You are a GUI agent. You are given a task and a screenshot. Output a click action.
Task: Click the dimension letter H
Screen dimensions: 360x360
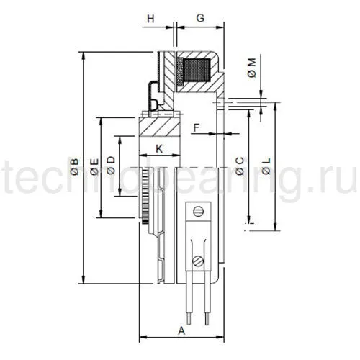tap(151, 15)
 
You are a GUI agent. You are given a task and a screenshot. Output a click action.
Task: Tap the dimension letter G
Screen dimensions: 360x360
tap(201, 15)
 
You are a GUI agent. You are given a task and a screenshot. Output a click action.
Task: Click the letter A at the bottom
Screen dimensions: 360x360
tap(181, 330)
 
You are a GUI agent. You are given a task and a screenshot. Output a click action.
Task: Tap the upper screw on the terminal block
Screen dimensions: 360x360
tap(201, 212)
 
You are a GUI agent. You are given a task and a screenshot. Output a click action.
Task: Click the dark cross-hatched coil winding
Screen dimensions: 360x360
tap(196, 71)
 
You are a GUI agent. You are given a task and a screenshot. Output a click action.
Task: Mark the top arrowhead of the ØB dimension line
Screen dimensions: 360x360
tap(84, 55)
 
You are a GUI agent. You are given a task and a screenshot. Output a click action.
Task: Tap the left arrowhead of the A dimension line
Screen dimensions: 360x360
tap(140, 338)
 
